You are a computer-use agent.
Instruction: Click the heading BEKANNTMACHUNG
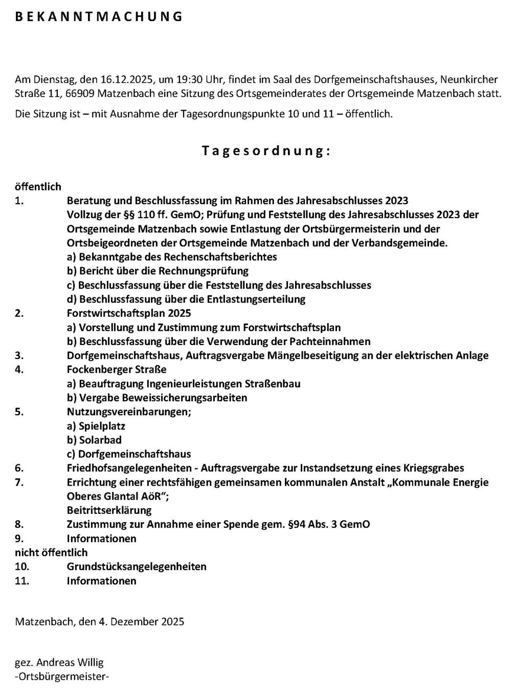point(99,17)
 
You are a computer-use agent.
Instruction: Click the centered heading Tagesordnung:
point(265,151)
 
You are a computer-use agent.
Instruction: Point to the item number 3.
point(19,356)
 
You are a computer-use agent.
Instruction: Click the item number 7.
point(19,482)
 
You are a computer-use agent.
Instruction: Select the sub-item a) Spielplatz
point(96,426)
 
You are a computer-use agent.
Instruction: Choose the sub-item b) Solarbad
point(94,440)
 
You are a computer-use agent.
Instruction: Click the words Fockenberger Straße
point(117,370)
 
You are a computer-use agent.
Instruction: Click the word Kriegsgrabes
point(435,468)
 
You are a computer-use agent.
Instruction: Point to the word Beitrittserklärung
point(109,510)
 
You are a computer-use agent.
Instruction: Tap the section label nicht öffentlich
point(51,553)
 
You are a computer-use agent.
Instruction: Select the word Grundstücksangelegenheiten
point(137,567)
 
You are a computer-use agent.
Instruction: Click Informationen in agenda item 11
point(101,581)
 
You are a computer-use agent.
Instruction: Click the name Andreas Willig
point(70,663)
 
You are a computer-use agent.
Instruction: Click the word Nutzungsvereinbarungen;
point(129,412)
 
